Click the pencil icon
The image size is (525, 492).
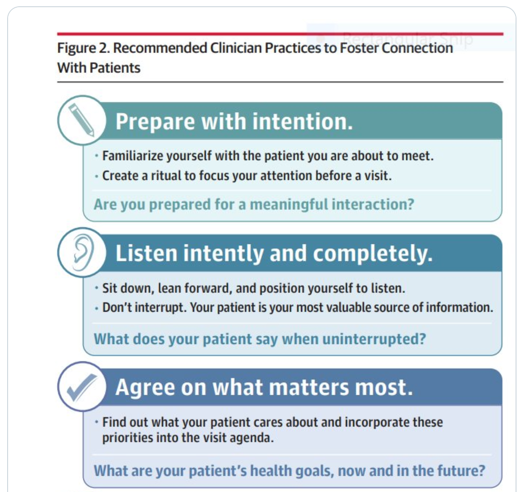[81, 120]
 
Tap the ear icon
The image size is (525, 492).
[83, 252]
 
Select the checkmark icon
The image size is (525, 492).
[82, 387]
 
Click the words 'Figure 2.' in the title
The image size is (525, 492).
[83, 48]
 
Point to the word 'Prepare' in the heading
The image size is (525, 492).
[155, 122]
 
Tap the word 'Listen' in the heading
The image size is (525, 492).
[146, 253]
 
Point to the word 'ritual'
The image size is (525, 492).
[162, 175]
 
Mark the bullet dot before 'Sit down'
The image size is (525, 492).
[96, 288]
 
